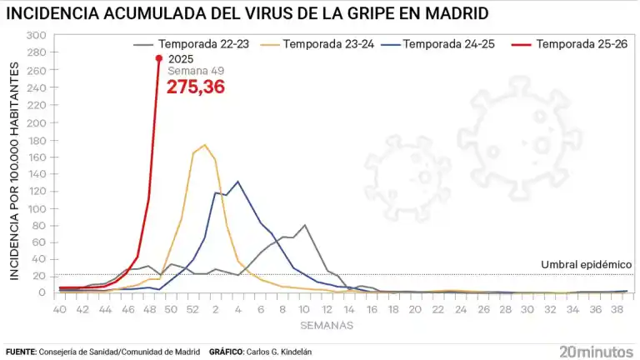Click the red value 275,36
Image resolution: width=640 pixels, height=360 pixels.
[x=196, y=87]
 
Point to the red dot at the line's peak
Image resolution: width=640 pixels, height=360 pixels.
[x=159, y=58]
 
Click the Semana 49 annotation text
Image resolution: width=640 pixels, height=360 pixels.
[x=189, y=72]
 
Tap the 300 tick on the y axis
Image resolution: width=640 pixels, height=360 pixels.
[x=37, y=36]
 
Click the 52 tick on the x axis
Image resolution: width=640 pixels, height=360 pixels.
[x=192, y=308]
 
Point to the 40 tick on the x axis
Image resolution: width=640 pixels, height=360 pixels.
[x=59, y=308]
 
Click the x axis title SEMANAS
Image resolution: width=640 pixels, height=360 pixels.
[x=327, y=324]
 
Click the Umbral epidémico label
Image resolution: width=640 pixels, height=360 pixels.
[x=587, y=264]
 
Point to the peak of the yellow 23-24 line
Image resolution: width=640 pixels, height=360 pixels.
[x=204, y=145]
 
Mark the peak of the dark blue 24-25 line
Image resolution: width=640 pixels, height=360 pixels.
[x=237, y=182]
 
